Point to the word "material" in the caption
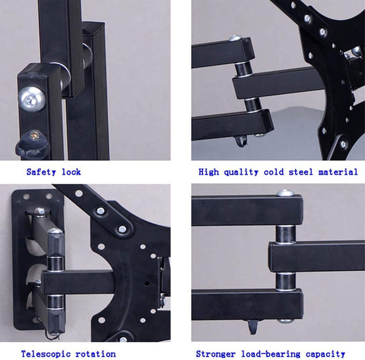pyautogui.click(x=338, y=172)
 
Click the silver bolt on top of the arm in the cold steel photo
pyautogui.click(x=235, y=39)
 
